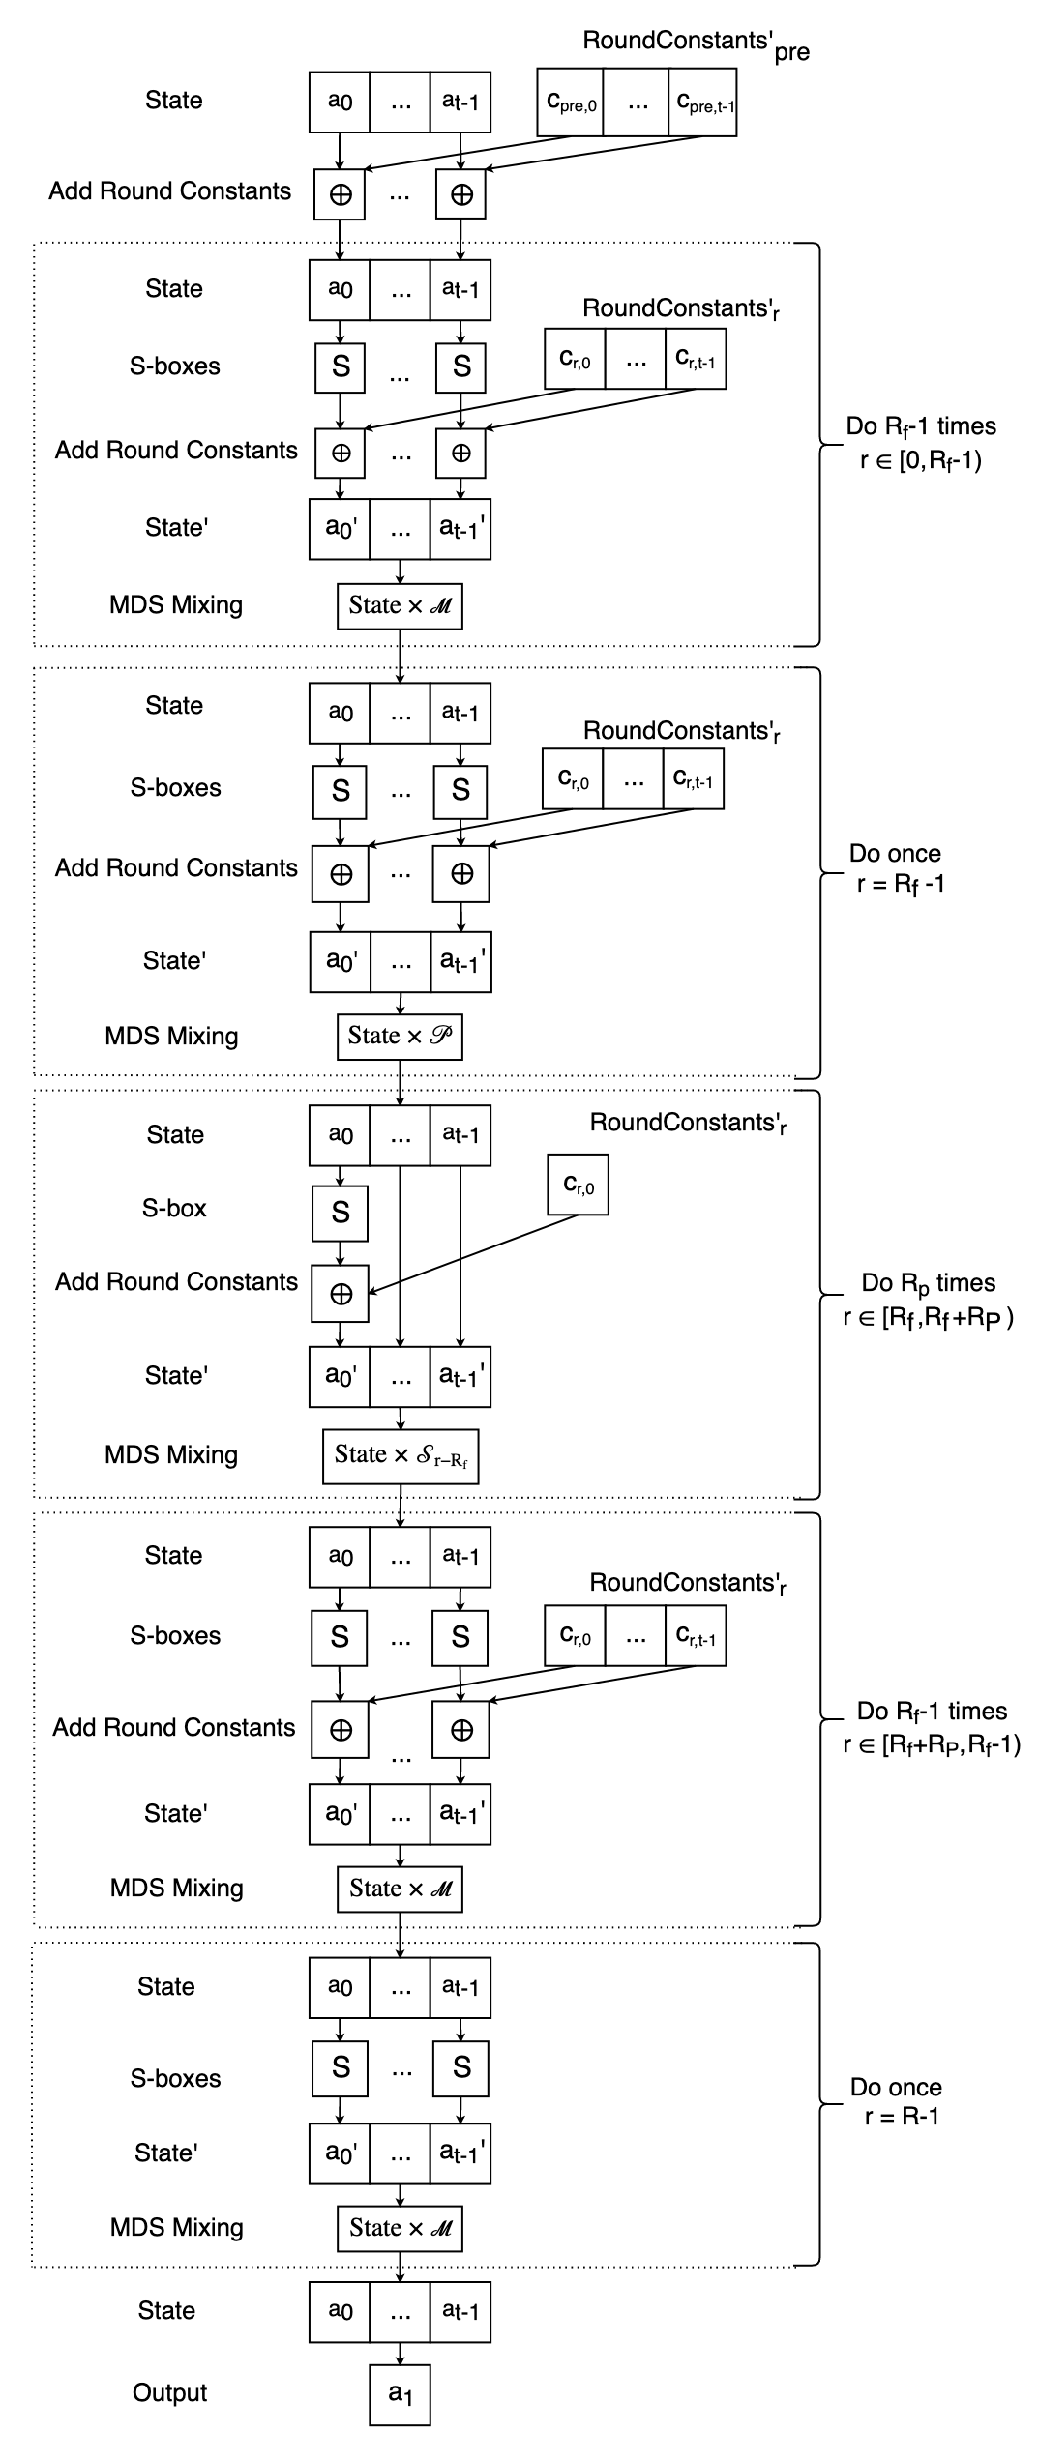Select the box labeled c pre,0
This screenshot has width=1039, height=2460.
tap(571, 102)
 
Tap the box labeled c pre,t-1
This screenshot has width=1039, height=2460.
tap(703, 102)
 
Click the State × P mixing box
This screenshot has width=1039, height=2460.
tap(400, 1036)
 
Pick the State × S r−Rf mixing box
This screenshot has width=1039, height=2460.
tap(401, 1455)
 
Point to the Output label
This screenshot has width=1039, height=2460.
tap(170, 2392)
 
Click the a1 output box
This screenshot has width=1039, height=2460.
tap(400, 2394)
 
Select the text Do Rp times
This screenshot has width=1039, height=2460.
tap(929, 1283)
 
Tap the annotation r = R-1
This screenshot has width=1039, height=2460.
tap(902, 2116)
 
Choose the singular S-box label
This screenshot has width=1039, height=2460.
tap(174, 1208)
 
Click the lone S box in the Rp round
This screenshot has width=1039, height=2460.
tap(340, 1213)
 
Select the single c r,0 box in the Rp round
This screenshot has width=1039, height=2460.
tap(578, 1185)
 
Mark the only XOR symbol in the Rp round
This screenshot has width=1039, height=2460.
tap(340, 1294)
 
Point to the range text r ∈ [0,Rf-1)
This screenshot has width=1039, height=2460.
tap(920, 460)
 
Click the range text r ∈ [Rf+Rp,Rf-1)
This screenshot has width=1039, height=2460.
tap(932, 1745)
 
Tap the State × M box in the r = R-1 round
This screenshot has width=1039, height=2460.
tap(400, 2228)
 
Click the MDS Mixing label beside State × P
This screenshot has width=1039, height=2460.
tap(171, 1036)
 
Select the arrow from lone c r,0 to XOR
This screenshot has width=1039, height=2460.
tap(474, 1253)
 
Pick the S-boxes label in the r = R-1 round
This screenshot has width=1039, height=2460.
tap(175, 2078)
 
